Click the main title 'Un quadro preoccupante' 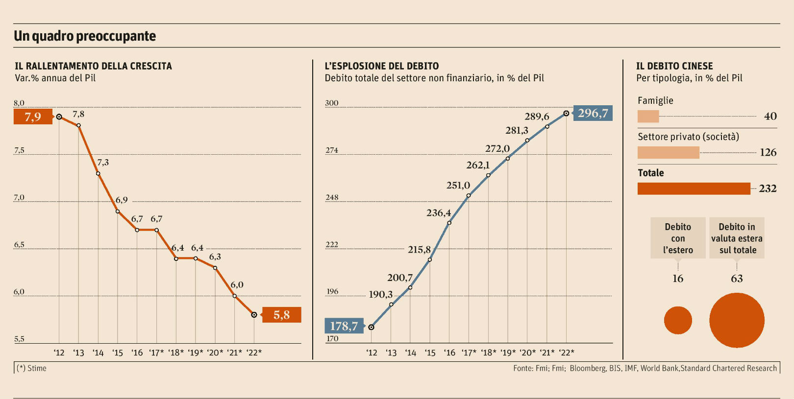(x=85, y=36)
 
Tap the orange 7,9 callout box (x=33, y=117)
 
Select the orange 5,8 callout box (x=281, y=315)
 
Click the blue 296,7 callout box (x=593, y=113)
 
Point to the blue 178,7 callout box (x=344, y=326)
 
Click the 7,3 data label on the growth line (x=103, y=163)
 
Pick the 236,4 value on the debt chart (x=438, y=213)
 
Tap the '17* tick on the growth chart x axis (x=156, y=352)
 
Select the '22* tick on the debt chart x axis (x=566, y=352)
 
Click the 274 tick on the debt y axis (x=332, y=150)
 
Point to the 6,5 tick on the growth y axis (x=19, y=245)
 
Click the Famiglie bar (x=648, y=117)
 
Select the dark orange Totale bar (x=694, y=188)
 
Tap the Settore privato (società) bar (x=668, y=153)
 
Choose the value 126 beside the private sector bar (x=768, y=152)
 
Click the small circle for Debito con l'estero (x=678, y=320)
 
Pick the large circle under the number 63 (x=737, y=320)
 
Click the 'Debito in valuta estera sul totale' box (x=737, y=238)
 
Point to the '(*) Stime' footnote (x=32, y=368)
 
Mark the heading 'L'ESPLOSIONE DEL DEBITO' (x=382, y=66)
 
